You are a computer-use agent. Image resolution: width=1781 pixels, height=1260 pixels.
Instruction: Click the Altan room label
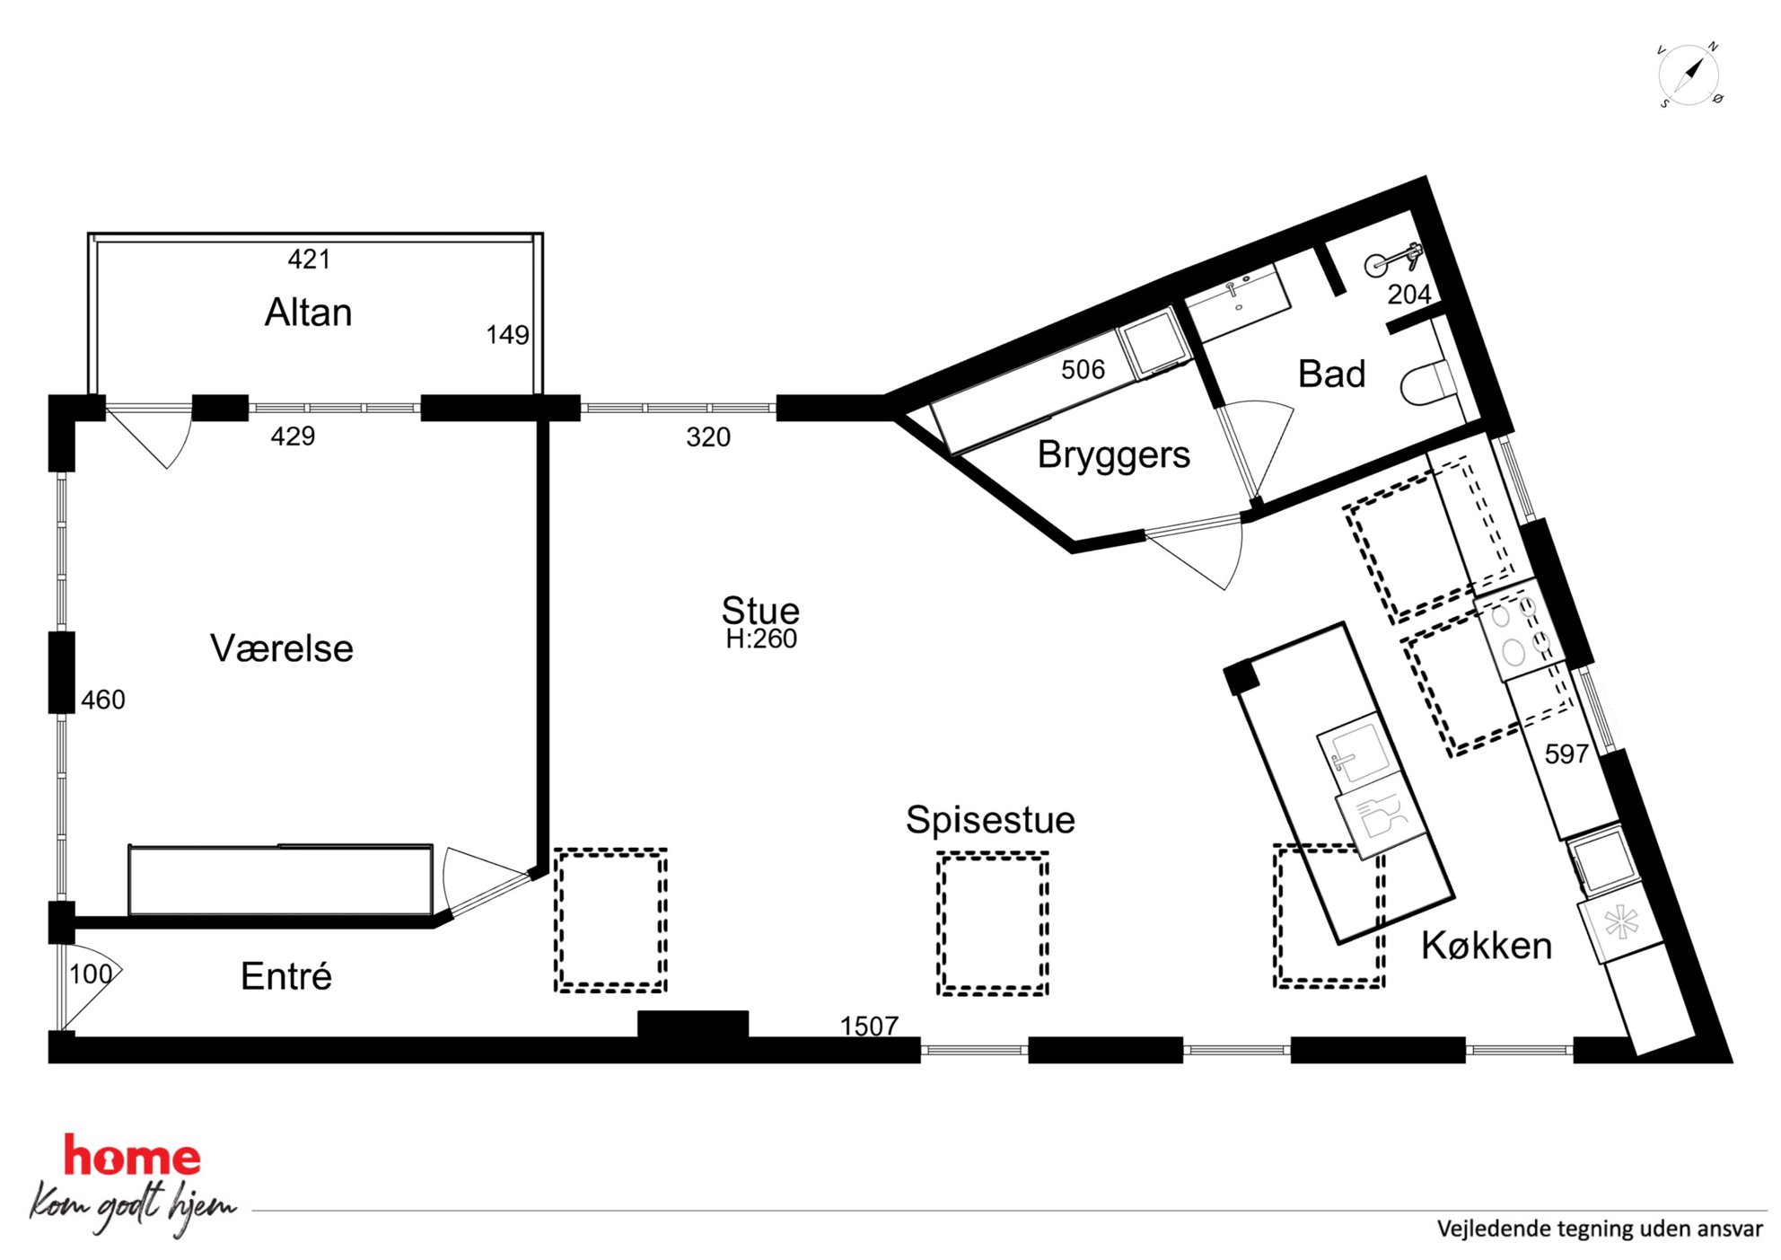tap(308, 313)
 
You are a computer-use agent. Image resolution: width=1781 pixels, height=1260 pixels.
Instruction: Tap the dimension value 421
tap(309, 260)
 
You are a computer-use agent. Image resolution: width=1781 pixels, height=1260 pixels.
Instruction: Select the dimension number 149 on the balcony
tap(507, 335)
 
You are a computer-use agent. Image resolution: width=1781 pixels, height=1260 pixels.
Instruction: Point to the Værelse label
tap(282, 648)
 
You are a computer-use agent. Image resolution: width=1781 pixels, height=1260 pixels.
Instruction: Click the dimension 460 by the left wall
tap(103, 700)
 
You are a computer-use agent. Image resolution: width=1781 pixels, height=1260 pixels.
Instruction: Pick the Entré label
tap(286, 976)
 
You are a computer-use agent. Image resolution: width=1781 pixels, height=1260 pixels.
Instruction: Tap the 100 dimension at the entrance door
tap(91, 974)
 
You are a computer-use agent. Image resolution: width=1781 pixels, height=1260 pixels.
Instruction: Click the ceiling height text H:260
tap(761, 639)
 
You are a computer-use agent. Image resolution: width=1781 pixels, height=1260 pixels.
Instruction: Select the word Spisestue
tap(990, 820)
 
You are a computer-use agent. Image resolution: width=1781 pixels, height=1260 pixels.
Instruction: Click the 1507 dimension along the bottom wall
tap(869, 1026)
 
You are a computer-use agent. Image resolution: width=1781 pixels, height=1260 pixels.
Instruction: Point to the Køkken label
tap(1487, 946)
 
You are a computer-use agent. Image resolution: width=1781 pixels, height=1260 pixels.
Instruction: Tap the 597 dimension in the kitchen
tap(1566, 753)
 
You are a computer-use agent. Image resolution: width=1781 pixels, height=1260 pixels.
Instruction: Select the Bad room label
tap(1332, 374)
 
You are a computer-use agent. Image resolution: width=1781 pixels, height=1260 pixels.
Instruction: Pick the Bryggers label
tap(1114, 455)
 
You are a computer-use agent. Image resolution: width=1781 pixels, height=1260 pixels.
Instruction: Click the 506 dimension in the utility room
tap(1083, 369)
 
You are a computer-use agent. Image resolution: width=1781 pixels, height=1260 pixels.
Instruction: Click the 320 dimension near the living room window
tap(708, 437)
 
